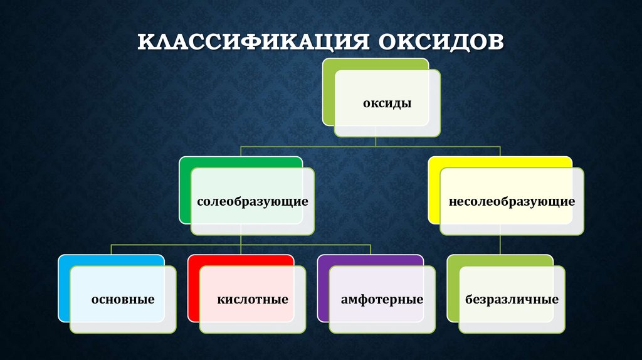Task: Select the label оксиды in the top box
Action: point(387,103)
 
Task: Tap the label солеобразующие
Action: point(252,202)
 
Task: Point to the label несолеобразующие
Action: point(512,202)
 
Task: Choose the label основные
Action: point(123,299)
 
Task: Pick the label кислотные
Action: point(253,299)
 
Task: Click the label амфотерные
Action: point(382,299)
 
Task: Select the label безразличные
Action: point(512,299)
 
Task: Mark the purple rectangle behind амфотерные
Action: point(323,289)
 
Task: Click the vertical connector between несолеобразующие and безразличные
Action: point(500,245)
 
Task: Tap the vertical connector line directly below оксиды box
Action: point(376,141)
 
